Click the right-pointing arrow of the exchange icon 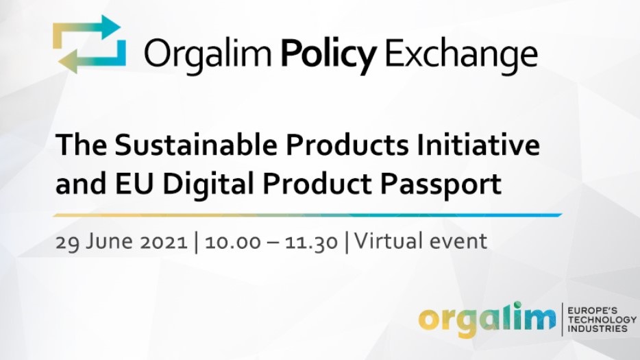(x=87, y=30)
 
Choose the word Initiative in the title (x=478, y=145)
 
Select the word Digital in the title (x=208, y=184)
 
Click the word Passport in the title (x=441, y=184)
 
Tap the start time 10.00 (x=233, y=241)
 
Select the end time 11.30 (x=311, y=241)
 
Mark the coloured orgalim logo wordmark (x=487, y=319)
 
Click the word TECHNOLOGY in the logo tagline (x=602, y=319)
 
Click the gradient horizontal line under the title (x=308, y=215)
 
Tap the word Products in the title (x=347, y=145)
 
